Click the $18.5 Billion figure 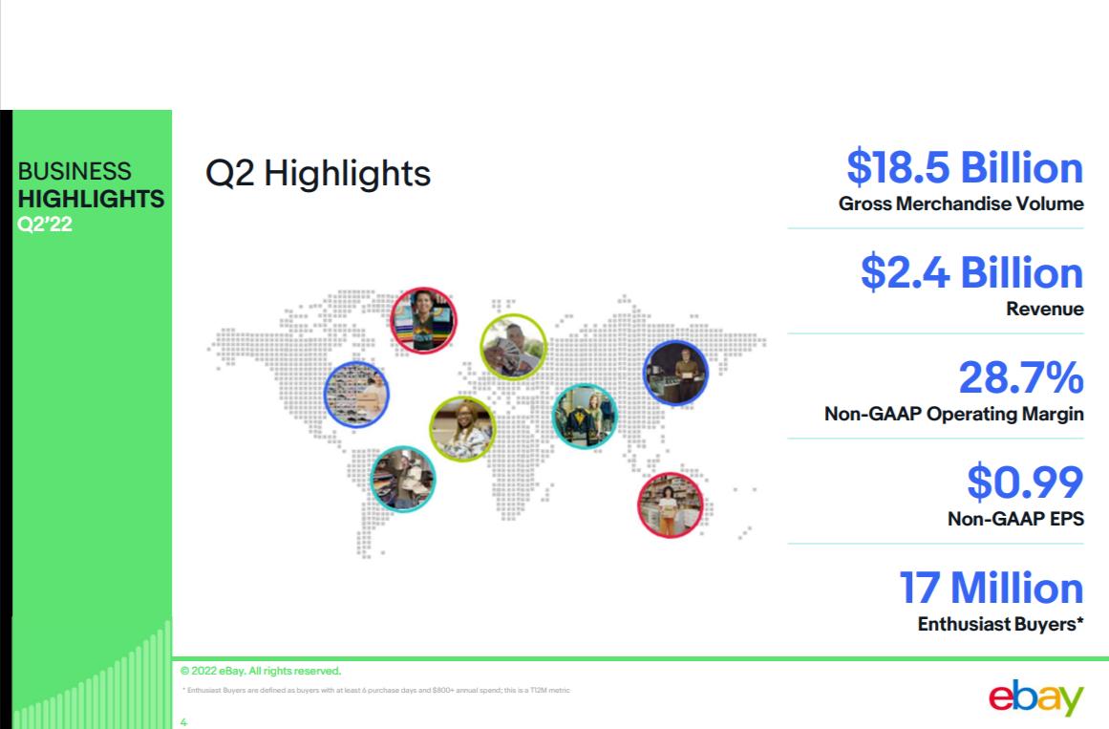965,168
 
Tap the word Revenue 1045,309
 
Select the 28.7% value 1020,377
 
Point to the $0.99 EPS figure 1025,482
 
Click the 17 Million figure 991,588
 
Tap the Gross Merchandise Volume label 961,204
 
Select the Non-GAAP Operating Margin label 954,414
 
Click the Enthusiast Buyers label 1000,624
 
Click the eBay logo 1036,697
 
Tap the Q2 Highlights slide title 317,173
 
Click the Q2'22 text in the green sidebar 45,225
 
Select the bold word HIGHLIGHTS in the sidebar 92,199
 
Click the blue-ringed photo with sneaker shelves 356,395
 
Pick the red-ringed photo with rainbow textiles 424,320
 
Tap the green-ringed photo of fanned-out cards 514,347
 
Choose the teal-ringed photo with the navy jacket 585,417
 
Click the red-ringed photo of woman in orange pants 670,505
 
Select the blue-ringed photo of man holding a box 675,373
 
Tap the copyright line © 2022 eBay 260,671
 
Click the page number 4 183,722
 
